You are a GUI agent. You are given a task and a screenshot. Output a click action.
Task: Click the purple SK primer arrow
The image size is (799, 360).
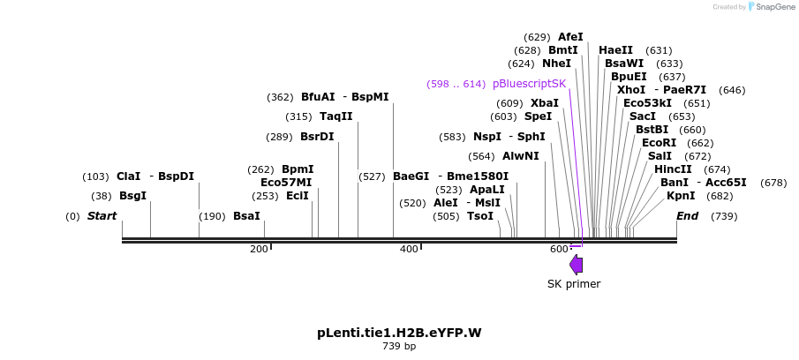point(577,264)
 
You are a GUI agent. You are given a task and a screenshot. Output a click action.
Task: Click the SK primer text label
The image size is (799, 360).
point(574,284)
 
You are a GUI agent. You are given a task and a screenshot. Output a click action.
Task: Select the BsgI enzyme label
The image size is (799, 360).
point(132,196)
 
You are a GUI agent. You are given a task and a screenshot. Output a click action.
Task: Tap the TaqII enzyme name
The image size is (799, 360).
point(335,116)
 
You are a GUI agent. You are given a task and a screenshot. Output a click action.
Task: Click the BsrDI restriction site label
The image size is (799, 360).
point(317,137)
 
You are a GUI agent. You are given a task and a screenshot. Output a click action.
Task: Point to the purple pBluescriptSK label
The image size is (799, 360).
point(529,84)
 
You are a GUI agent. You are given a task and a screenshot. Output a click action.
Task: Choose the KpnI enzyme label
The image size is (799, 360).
point(681,196)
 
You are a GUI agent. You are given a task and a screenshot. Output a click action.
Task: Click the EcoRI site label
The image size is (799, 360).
point(659,143)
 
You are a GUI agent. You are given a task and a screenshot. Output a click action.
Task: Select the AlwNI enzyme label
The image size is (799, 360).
point(520,156)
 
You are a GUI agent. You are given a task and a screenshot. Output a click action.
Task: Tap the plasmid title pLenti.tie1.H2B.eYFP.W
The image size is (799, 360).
point(399,333)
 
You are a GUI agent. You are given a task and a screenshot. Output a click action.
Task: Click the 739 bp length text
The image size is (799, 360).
point(399,347)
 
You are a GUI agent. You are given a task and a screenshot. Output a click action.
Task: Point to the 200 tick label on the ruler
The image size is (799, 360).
point(259,250)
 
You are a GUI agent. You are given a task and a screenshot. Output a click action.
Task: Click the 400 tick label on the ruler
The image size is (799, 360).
point(409,250)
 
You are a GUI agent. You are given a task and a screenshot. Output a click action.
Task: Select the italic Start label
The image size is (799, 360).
point(102,216)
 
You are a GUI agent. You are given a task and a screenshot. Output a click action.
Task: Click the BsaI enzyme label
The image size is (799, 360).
point(246,216)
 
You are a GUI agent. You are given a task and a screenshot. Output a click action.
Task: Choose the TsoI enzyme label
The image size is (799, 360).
point(480,216)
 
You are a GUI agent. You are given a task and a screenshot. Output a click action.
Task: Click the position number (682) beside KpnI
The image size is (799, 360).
point(720,196)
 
